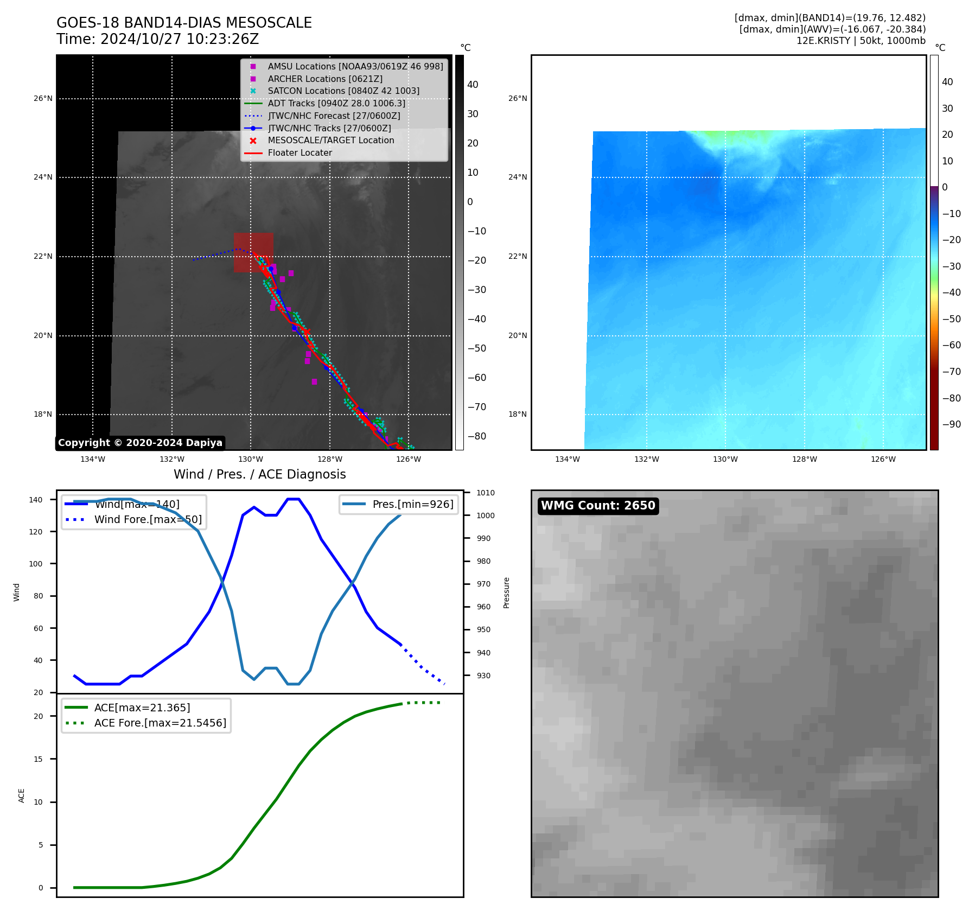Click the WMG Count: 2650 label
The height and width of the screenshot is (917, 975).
click(x=598, y=506)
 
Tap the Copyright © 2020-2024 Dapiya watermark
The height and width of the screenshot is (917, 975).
click(x=140, y=443)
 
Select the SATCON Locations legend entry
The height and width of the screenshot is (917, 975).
click(x=343, y=91)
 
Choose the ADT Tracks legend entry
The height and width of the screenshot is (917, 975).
click(x=336, y=104)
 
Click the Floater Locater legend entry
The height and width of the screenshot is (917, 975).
click(x=299, y=153)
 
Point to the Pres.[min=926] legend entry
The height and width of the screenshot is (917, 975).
click(x=412, y=504)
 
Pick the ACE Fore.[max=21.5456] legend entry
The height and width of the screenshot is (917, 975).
click(x=160, y=723)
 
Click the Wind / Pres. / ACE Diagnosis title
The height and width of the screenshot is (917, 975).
click(x=259, y=474)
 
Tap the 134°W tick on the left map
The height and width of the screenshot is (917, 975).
click(x=93, y=460)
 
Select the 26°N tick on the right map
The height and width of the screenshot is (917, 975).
click(x=517, y=99)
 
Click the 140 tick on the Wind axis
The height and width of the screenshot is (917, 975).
click(x=36, y=500)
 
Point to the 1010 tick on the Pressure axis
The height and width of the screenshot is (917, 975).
click(x=486, y=493)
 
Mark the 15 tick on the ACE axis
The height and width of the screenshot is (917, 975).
click(x=38, y=759)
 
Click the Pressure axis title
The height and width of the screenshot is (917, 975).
click(x=506, y=593)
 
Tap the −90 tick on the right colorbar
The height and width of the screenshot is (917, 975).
click(x=951, y=424)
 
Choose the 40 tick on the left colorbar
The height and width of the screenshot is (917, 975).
click(x=473, y=85)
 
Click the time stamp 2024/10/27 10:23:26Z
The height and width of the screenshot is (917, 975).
click(x=179, y=40)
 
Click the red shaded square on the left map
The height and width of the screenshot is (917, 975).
click(x=253, y=252)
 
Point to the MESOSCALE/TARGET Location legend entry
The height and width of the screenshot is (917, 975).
click(x=330, y=141)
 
